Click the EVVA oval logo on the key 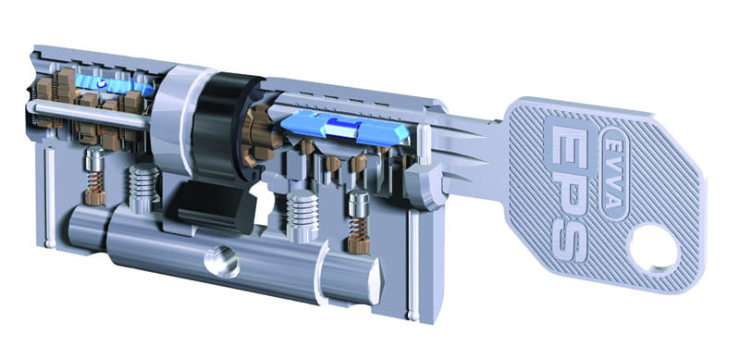coord(615,173)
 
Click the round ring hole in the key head coord(654,249)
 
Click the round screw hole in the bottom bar coord(222,261)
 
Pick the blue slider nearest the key coord(345,127)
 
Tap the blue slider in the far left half coord(113,84)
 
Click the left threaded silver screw coord(144,188)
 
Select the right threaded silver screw coord(302,216)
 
